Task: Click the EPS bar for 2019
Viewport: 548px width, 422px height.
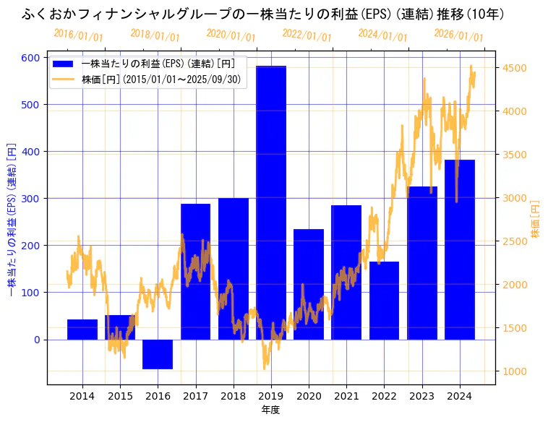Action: point(271,202)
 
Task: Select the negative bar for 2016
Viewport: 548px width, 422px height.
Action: point(158,354)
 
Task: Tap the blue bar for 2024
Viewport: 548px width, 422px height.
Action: point(460,249)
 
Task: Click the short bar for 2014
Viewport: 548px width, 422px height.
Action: point(82,330)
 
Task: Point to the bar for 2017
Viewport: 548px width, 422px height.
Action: point(195,272)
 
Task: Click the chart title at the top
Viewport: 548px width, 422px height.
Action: point(263,14)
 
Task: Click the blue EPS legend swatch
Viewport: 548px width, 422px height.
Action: point(64,64)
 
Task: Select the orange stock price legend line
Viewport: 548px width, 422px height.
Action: point(64,79)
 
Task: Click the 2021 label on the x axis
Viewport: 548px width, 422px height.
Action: point(346,396)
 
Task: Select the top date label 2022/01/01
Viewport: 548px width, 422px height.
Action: point(307,35)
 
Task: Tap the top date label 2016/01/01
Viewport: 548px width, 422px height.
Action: point(78,35)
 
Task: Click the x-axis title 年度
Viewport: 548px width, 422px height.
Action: point(270,410)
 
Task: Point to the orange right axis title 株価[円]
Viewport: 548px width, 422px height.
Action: point(536,220)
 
